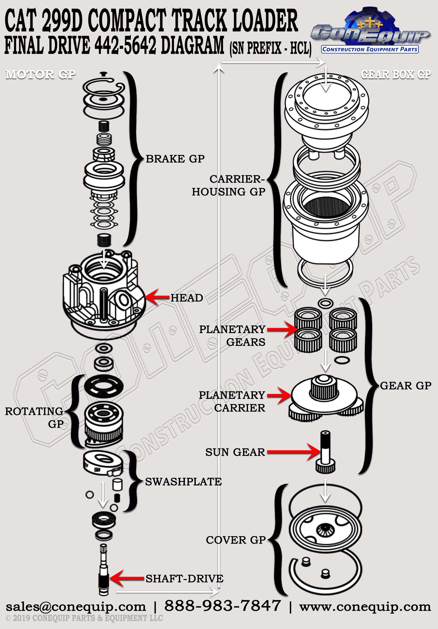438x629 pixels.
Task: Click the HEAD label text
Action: point(187,298)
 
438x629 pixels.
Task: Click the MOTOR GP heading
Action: point(41,75)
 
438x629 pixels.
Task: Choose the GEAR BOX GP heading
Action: point(396,75)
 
